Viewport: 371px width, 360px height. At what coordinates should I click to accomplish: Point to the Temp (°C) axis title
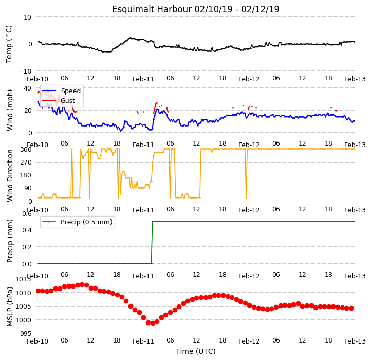(9, 44)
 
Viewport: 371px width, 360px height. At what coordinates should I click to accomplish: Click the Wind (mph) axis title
(9, 110)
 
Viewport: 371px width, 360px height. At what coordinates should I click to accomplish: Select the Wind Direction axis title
(9, 175)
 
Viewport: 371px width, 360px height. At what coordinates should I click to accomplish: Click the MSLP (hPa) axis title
(9, 307)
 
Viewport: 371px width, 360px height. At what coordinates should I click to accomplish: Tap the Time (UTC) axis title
(196, 351)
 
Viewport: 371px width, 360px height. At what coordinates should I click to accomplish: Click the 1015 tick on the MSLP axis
(24, 279)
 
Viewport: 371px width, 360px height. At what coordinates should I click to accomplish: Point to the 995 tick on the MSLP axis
(26, 334)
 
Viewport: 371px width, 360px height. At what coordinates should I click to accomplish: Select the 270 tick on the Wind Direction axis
(26, 163)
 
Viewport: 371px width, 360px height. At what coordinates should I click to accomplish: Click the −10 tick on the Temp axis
(25, 71)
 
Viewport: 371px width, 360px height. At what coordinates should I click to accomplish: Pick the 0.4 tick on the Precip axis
(27, 230)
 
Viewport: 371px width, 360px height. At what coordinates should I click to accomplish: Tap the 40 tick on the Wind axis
(27, 88)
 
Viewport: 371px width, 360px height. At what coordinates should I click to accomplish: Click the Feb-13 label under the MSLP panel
(355, 341)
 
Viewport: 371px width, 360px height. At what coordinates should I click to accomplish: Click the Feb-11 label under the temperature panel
(143, 79)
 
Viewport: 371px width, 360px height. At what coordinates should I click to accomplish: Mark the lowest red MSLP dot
(153, 323)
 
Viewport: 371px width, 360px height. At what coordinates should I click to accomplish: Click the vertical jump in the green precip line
(152, 242)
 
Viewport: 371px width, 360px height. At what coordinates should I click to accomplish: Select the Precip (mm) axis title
(9, 241)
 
